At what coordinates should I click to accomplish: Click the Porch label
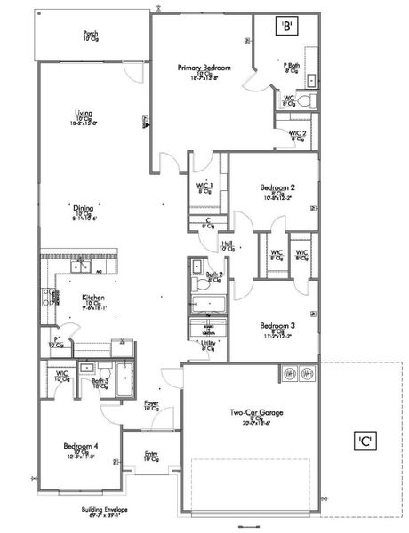point(91,34)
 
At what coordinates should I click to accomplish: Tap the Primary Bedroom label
point(204,68)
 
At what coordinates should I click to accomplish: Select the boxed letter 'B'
point(287,27)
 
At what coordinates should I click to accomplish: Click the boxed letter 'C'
point(365,439)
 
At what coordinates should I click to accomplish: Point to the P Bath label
point(290,65)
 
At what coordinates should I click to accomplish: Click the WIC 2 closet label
point(297,134)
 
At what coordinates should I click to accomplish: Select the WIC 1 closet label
point(204,186)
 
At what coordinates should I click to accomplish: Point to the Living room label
point(84,114)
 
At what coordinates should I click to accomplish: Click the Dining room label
point(84,210)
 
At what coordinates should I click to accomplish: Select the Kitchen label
point(94,298)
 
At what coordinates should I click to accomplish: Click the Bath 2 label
point(214,276)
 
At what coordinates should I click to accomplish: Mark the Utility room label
point(208,343)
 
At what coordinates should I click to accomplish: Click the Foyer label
point(152,403)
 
